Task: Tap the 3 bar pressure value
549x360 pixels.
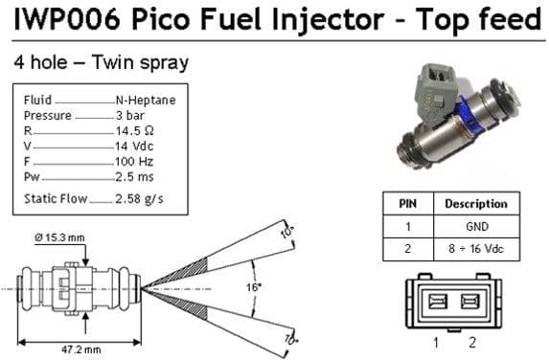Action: (129, 114)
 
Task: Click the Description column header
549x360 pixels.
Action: (475, 204)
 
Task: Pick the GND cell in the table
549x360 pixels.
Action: (475, 227)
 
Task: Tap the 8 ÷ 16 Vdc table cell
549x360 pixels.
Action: (475, 250)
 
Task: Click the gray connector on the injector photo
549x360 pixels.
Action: (432, 78)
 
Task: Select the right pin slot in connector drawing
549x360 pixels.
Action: (469, 303)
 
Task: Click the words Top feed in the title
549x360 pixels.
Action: (487, 18)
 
